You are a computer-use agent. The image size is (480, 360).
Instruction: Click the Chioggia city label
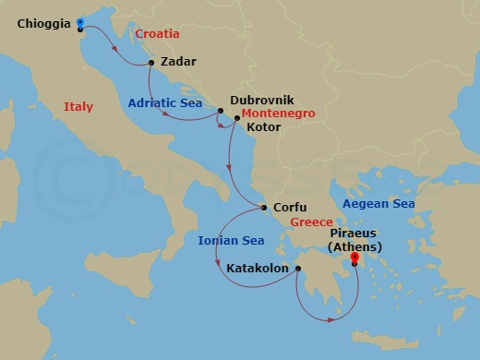43,25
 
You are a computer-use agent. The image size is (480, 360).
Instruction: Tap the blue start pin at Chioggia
79,23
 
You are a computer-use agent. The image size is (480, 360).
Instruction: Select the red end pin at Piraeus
354,263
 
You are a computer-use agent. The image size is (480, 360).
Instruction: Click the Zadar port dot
150,64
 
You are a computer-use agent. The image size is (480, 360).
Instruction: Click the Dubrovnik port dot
220,111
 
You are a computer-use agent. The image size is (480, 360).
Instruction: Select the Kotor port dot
237,117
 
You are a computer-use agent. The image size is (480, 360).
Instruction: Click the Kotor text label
265,128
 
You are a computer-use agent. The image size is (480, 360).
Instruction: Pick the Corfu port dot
263,208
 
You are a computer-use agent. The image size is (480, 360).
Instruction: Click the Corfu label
290,208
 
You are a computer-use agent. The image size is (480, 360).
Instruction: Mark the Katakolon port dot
298,270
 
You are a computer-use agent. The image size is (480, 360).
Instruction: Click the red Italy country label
78,107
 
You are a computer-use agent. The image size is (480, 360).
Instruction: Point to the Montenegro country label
279,114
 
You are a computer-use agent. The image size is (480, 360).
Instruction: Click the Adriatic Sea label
165,103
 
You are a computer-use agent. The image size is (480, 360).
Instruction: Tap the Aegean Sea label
378,203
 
